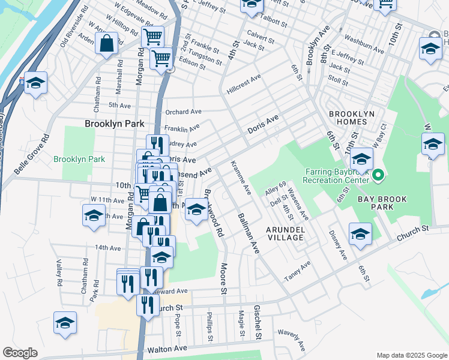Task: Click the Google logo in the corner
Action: tap(20, 353)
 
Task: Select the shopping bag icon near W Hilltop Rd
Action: tap(106, 44)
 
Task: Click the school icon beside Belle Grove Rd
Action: tap(35, 83)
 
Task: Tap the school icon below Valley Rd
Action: tap(65, 323)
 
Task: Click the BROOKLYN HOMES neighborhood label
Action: tap(351, 118)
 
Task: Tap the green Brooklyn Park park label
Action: tap(79, 159)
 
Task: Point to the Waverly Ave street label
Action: tap(291, 340)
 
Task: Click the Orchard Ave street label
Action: tap(183, 112)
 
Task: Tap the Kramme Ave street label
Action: tap(240, 178)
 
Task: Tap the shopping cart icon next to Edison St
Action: tap(161, 59)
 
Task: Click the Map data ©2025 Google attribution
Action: tap(411, 355)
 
